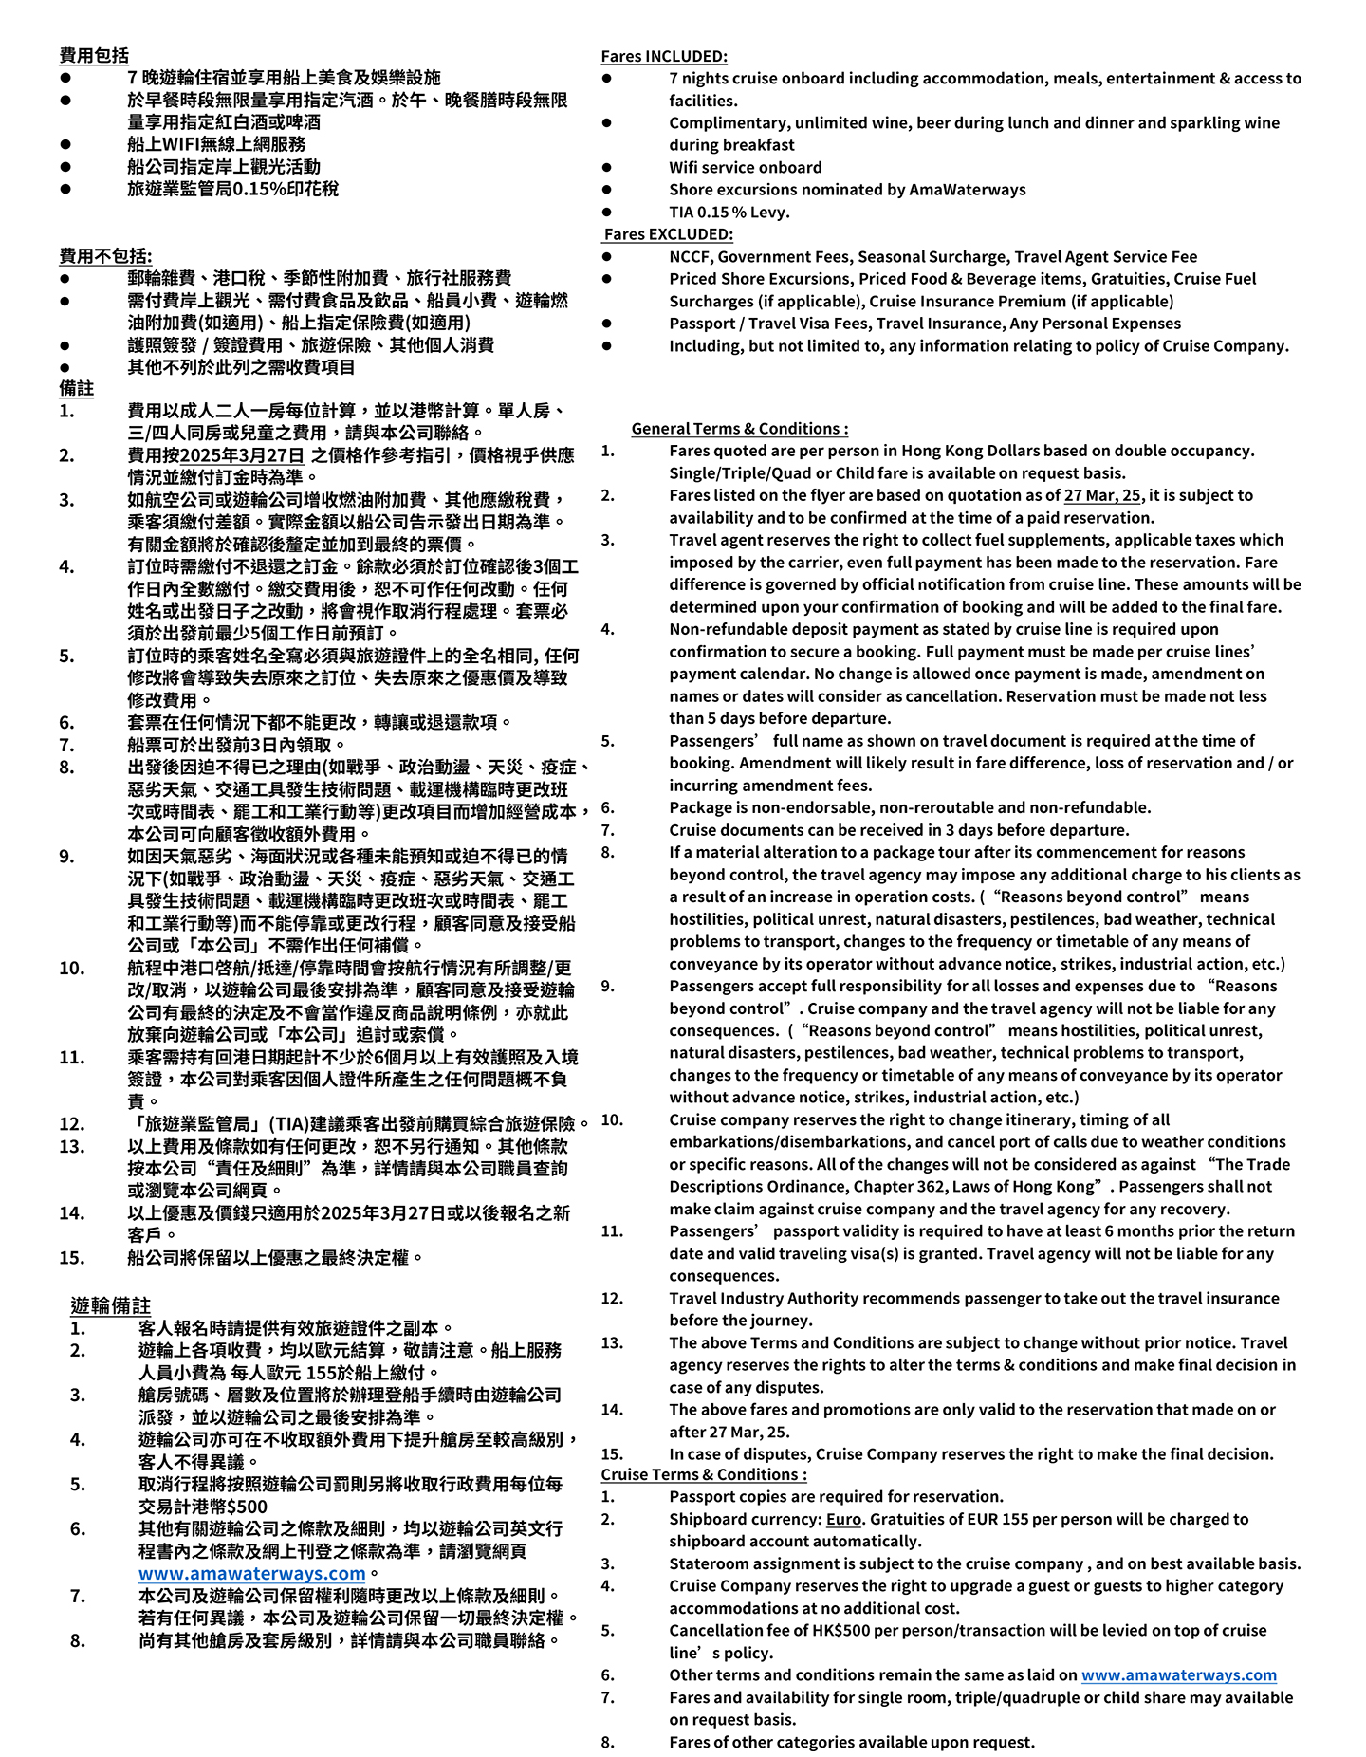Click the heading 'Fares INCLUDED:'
(x=663, y=56)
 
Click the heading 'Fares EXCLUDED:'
(x=668, y=234)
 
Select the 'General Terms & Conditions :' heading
(x=739, y=429)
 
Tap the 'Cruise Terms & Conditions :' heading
(x=703, y=1474)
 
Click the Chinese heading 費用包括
(x=94, y=56)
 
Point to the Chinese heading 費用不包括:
(x=105, y=256)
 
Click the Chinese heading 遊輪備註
(x=110, y=1306)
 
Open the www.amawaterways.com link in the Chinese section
(x=251, y=1573)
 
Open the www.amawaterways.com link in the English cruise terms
(x=1178, y=1675)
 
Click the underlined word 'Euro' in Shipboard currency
(x=843, y=1519)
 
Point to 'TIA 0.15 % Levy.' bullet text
(x=729, y=213)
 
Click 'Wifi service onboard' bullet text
(x=745, y=168)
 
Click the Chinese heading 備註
(x=76, y=389)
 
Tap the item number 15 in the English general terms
(x=612, y=1454)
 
